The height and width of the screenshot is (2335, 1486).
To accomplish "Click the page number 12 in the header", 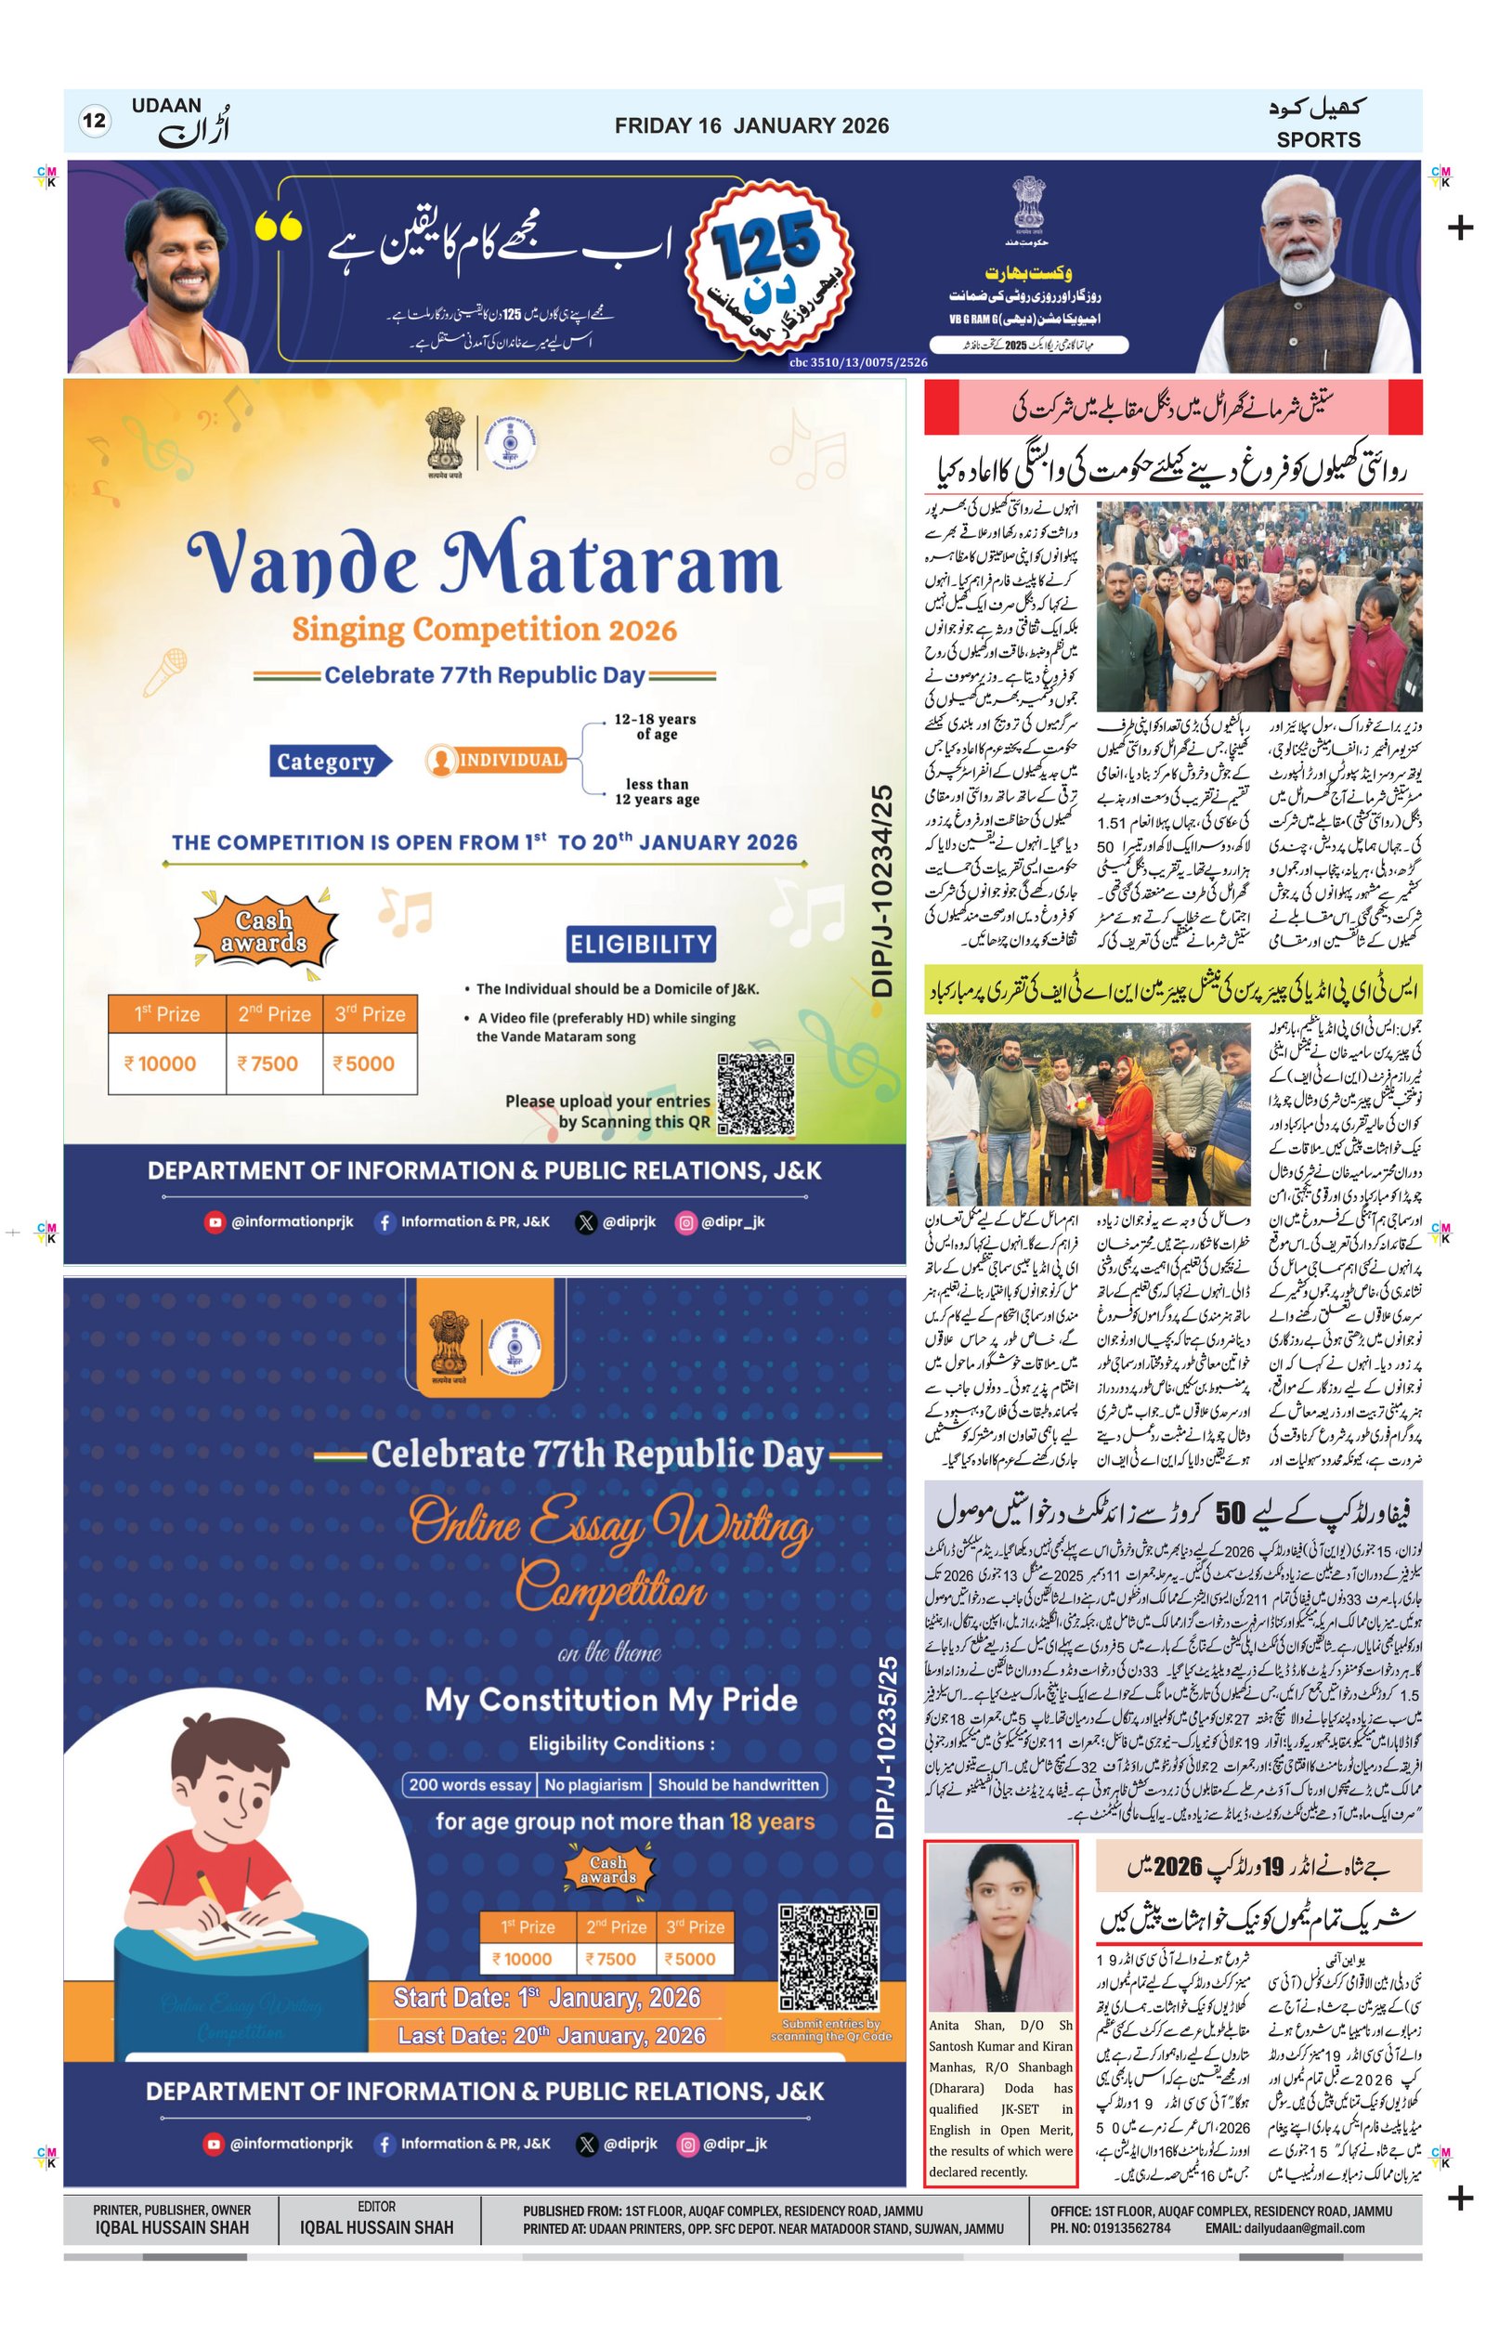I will tap(94, 122).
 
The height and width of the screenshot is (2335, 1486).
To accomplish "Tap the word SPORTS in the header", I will tap(1317, 139).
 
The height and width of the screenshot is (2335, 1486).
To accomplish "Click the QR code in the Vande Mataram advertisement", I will tap(756, 1095).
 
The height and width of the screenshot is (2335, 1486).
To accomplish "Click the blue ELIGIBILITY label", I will tap(641, 945).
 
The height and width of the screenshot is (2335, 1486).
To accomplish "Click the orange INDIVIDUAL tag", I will tap(497, 761).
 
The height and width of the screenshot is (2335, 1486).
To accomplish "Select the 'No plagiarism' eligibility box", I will tap(593, 1784).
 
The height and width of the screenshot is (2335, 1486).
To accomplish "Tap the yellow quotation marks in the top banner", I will tap(279, 227).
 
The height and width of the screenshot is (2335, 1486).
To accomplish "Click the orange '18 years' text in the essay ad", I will tap(772, 1822).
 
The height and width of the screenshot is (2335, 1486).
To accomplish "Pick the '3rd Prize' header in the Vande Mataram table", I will tap(371, 1014).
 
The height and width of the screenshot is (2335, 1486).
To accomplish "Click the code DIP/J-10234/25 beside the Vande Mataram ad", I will tap(882, 891).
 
